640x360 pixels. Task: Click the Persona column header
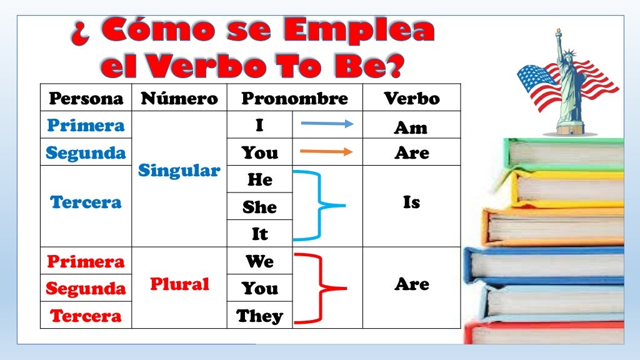pyautogui.click(x=86, y=98)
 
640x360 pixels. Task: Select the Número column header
pyautogui.click(x=179, y=98)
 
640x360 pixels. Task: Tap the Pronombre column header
pyautogui.click(x=294, y=98)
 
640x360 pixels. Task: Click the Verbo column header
pyautogui.click(x=411, y=98)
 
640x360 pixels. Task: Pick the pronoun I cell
pyautogui.click(x=259, y=125)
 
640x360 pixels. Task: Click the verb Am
pyautogui.click(x=411, y=127)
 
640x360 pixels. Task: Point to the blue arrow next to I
pyautogui.click(x=327, y=124)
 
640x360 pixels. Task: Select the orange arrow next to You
pyautogui.click(x=327, y=151)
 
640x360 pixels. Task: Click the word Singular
pyautogui.click(x=179, y=171)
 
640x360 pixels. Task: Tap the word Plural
pyautogui.click(x=179, y=284)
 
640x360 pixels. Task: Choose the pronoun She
pyautogui.click(x=259, y=207)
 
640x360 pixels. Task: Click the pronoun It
pyautogui.click(x=259, y=234)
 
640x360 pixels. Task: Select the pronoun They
pyautogui.click(x=259, y=316)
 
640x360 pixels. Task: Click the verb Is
pyautogui.click(x=411, y=202)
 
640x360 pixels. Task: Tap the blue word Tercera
pyautogui.click(x=86, y=202)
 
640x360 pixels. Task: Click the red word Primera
pyautogui.click(x=86, y=261)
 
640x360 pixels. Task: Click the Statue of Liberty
pyautogui.click(x=569, y=84)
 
